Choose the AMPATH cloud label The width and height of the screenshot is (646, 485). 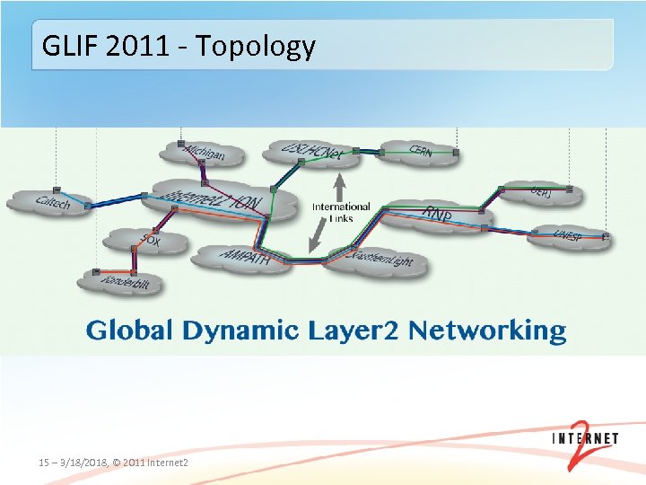[243, 257]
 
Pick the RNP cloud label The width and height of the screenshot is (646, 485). [437, 215]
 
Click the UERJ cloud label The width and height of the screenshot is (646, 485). [542, 192]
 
